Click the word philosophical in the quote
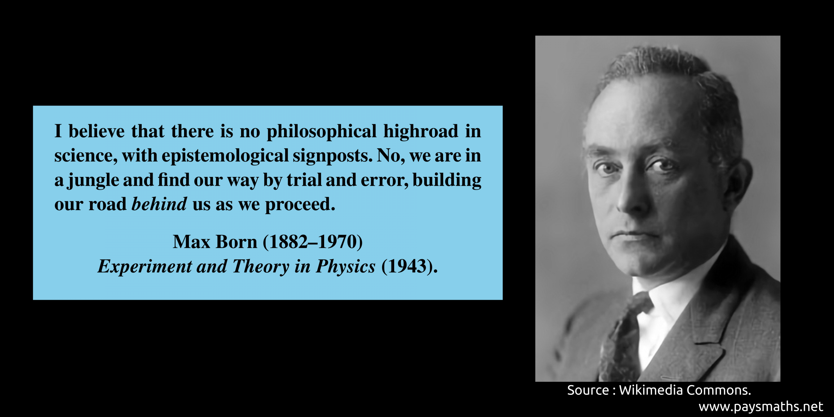coord(322,132)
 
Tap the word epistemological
coord(225,156)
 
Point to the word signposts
coord(332,156)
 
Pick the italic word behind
coord(159,204)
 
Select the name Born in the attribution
coord(237,242)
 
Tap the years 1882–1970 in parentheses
coord(313,242)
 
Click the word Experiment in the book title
coord(145,267)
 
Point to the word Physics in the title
coord(346,267)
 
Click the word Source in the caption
coord(588,390)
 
